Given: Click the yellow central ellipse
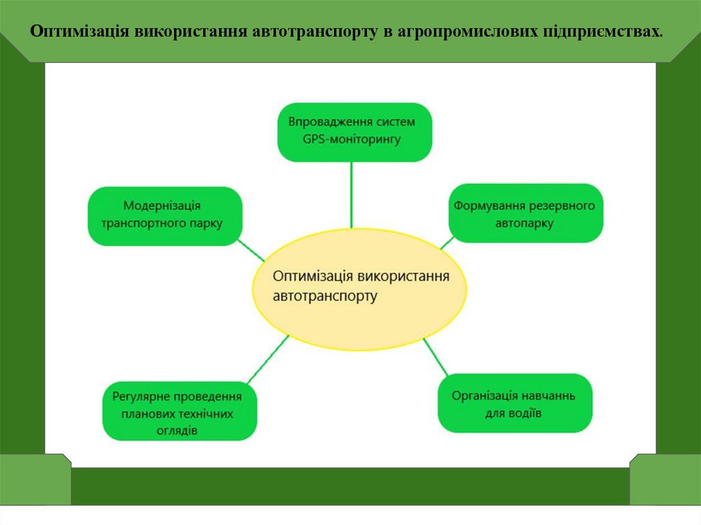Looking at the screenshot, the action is coord(361,290).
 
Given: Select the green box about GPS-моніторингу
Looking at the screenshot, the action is coord(354,131).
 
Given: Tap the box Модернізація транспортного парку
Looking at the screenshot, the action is coord(165,215).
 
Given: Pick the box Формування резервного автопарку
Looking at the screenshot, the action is coord(526,213).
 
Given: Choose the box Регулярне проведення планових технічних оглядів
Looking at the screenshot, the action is coord(179,411).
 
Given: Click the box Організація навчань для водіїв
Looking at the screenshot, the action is coord(514,402).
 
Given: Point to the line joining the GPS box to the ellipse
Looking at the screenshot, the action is coord(352,194).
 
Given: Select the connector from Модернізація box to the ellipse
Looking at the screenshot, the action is coord(251,251).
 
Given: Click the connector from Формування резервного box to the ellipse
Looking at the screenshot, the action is coord(446,242).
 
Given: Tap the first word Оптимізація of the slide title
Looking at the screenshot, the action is coord(80,32).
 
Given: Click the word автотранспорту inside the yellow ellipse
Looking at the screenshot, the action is coord(324,296).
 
